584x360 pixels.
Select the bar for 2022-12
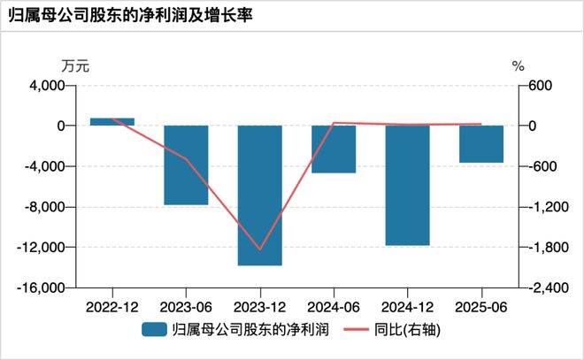pos(112,122)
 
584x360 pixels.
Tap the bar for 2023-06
pos(186,165)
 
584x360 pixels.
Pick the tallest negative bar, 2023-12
pos(259,195)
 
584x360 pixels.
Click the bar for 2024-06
pos(334,149)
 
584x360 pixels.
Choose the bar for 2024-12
pos(407,186)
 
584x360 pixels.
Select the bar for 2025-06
pos(480,144)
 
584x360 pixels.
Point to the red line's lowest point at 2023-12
pos(259,249)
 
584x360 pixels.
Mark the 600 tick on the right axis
pos(539,86)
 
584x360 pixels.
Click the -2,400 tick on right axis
pos(545,288)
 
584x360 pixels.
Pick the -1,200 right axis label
pos(545,207)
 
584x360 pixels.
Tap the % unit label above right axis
pos(519,65)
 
